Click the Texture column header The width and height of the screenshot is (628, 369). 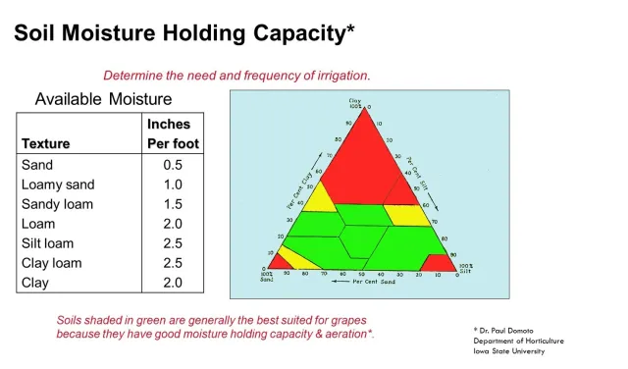[46, 143]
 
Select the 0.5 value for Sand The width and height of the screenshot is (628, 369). [173, 165]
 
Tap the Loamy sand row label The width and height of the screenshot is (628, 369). [57, 184]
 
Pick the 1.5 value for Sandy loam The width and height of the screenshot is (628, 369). [173, 204]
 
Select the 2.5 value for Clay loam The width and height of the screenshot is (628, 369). [173, 263]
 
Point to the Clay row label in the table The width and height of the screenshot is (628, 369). [36, 283]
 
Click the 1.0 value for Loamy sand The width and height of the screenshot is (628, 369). [173, 184]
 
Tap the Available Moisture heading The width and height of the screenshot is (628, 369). [103, 99]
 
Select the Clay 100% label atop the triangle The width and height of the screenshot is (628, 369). [355, 102]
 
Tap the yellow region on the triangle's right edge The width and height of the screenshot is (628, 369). [404, 213]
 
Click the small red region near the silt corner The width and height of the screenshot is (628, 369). [437, 263]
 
